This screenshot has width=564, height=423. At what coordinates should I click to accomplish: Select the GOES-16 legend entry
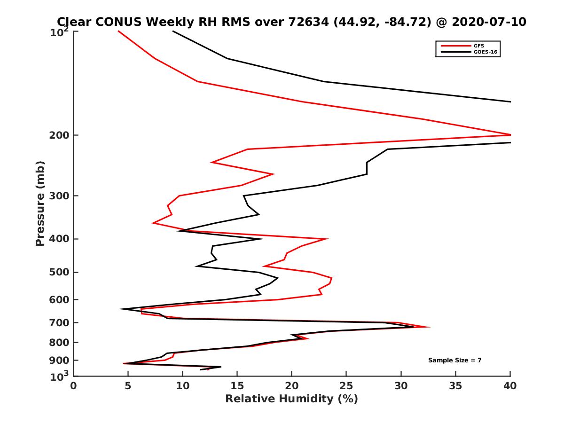pyautogui.click(x=486, y=52)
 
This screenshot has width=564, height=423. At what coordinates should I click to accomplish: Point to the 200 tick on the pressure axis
pyautogui.click(x=61, y=135)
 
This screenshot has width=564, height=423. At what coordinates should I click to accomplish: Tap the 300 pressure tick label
pyautogui.click(x=61, y=196)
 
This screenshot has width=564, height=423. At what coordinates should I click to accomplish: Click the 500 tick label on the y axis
pyautogui.click(x=61, y=272)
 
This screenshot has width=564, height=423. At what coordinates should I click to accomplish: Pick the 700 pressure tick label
pyautogui.click(x=61, y=323)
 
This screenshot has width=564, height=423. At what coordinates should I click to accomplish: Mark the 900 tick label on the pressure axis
pyautogui.click(x=61, y=360)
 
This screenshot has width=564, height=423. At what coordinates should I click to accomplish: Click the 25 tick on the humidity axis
pyautogui.click(x=346, y=386)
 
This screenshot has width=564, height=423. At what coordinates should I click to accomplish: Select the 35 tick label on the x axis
pyautogui.click(x=455, y=386)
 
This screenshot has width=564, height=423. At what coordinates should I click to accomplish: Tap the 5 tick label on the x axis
pyautogui.click(x=128, y=386)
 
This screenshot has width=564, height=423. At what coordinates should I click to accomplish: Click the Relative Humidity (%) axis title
pyautogui.click(x=291, y=399)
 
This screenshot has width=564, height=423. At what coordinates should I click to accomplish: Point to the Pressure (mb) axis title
pyautogui.click(x=40, y=203)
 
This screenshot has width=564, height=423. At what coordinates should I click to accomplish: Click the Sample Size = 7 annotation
pyautogui.click(x=454, y=360)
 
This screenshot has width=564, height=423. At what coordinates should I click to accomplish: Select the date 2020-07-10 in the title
pyautogui.click(x=486, y=22)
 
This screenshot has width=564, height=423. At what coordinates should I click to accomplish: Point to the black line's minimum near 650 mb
pyautogui.click(x=120, y=309)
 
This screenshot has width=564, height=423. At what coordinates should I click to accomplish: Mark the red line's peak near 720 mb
pyautogui.click(x=429, y=327)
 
